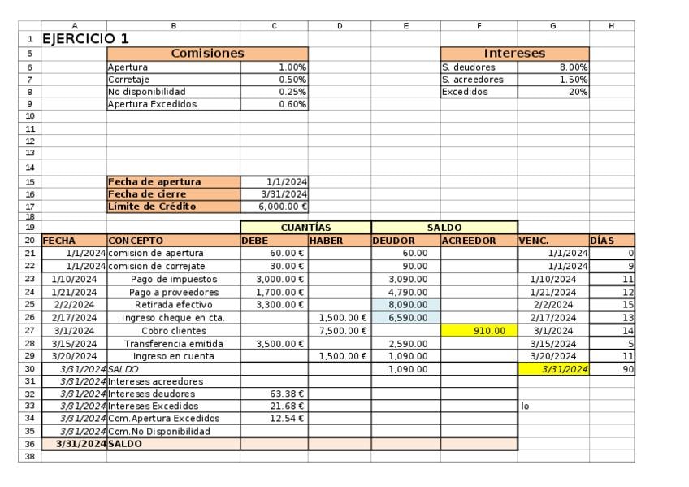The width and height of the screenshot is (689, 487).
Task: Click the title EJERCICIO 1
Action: coord(85,38)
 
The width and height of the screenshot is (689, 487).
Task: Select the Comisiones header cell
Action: coord(207,53)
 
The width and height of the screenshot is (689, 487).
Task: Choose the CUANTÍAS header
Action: coord(305,228)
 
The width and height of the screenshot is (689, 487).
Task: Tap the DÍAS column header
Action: coord(603,241)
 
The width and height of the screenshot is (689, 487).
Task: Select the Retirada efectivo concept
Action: coord(172,305)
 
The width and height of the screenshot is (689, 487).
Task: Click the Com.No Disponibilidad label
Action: coord(158,431)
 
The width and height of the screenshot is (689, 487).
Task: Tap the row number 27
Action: coord(29,331)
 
